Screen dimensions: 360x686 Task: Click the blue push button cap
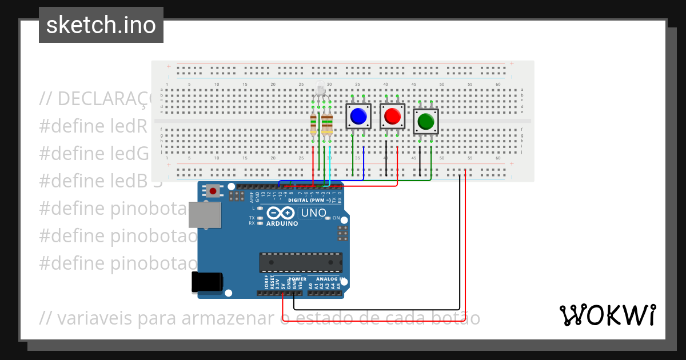(358, 116)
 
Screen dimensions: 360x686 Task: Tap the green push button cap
(426, 121)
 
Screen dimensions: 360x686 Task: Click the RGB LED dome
(320, 89)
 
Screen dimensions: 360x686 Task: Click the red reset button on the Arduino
(213, 191)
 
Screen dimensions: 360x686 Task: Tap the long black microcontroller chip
(301, 262)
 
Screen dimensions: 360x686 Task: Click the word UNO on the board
(313, 213)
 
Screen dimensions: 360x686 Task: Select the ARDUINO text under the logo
(282, 223)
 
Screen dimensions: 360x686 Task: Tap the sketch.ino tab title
(101, 25)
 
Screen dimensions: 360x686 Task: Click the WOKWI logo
(607, 315)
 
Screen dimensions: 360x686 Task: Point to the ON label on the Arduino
(336, 218)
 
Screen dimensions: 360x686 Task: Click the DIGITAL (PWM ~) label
(309, 200)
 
